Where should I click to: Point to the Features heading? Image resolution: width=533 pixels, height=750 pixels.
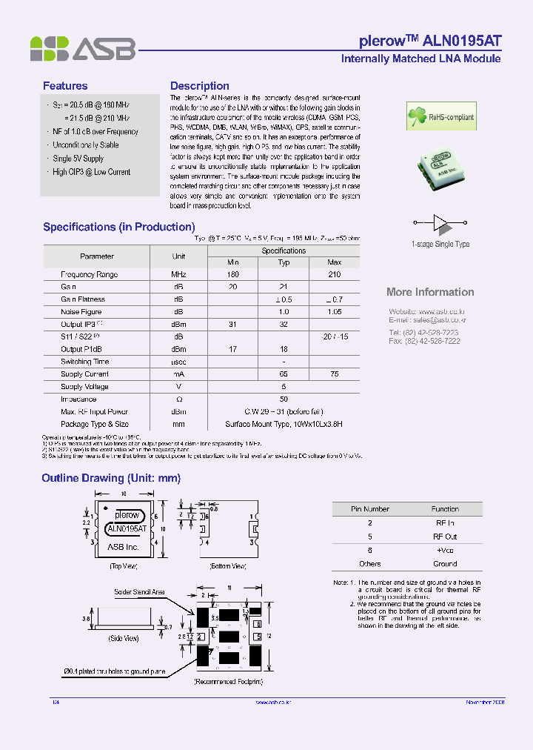pos(65,86)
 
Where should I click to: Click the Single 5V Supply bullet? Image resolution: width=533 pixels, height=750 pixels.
pos(78,159)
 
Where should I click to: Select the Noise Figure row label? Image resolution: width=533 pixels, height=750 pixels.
pos(81,312)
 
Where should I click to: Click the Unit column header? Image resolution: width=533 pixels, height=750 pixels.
pos(178,256)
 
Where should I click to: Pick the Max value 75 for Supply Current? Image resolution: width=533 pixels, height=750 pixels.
pos(334,374)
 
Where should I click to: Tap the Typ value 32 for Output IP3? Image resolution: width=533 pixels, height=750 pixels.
pos(284,325)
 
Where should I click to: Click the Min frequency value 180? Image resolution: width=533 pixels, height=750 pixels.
pos(233,275)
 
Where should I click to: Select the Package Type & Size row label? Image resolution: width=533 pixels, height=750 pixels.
pos(95,425)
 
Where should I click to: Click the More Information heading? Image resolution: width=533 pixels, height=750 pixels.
pos(430,292)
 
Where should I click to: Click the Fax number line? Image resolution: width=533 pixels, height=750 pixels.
pos(424,341)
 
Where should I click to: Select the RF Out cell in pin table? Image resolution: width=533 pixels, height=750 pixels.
pos(445,537)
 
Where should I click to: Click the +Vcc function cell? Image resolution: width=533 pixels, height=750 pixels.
pos(445,550)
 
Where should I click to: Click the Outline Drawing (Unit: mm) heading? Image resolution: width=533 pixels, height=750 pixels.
pos(111,478)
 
